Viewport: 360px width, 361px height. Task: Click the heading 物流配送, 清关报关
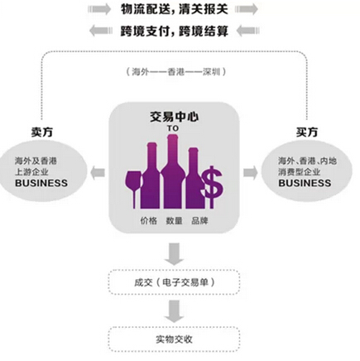tap(175, 9)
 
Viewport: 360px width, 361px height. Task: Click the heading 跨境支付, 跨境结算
tap(175, 31)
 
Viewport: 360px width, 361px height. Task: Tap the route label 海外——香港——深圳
tap(176, 72)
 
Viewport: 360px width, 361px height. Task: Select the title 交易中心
tap(174, 117)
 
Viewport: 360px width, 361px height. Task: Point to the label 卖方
tap(41, 132)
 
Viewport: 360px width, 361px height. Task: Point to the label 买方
tap(307, 132)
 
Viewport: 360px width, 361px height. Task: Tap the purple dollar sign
tap(212, 187)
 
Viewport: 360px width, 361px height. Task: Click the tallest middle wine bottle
tap(173, 171)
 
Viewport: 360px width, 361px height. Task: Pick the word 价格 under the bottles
tap(149, 221)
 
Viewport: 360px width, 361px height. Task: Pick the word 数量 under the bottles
tap(174, 221)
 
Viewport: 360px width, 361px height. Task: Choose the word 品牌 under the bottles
tap(199, 221)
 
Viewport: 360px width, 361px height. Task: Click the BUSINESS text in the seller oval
tap(41, 183)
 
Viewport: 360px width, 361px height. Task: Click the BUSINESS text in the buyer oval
tap(305, 183)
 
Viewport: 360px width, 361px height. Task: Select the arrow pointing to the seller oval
tap(98, 173)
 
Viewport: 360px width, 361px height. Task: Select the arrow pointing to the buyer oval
tap(251, 173)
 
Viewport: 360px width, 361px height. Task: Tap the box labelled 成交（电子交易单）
tap(174, 282)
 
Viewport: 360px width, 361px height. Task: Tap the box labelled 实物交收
tap(174, 339)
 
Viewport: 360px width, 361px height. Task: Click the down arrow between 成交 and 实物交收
tap(174, 311)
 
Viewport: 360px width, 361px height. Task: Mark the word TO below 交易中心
tap(173, 128)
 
